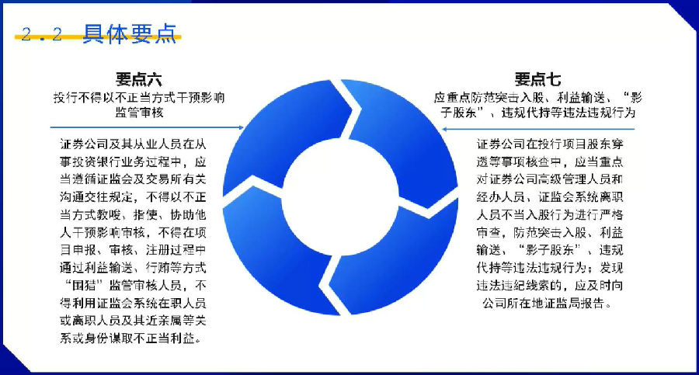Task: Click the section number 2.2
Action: (x=41, y=34)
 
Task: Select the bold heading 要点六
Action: (x=139, y=79)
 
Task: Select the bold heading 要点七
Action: (x=537, y=79)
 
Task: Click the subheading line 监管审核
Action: (x=139, y=112)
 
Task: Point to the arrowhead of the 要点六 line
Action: (x=242, y=127)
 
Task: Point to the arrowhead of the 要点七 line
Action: (x=444, y=130)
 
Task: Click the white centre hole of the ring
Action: (x=340, y=196)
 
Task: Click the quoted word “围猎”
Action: (x=82, y=286)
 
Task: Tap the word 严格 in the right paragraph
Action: (x=610, y=214)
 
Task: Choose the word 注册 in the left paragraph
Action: (x=158, y=250)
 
